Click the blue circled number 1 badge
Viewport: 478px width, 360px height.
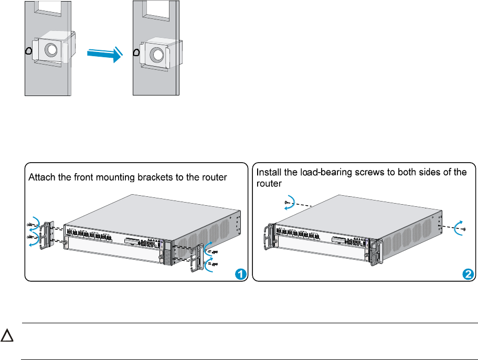tap(240, 274)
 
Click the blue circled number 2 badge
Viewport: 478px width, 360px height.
tap(469, 274)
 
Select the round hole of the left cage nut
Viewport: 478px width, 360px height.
tap(51, 50)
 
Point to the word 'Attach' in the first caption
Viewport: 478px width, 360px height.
tap(41, 178)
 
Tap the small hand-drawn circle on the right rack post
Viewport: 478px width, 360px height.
tap(137, 52)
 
